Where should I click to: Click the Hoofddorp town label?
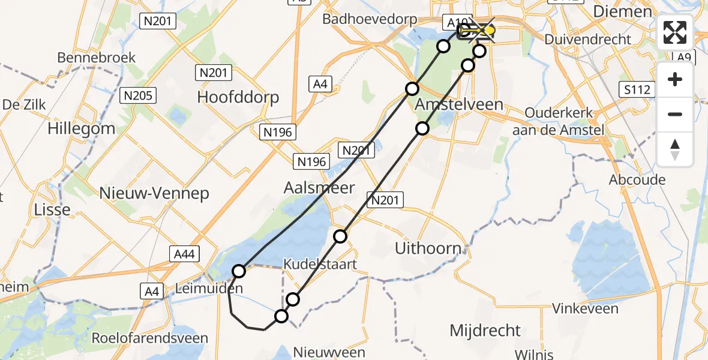tap(238, 97)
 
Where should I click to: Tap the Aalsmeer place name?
tap(319, 188)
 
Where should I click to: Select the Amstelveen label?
tap(459, 104)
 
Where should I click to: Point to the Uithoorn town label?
tap(428, 248)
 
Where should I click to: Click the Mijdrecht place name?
tap(485, 330)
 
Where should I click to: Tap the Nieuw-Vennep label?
tap(155, 193)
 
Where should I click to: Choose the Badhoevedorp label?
tap(370, 19)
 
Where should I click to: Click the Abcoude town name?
tap(637, 180)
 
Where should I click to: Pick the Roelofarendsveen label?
tap(149, 338)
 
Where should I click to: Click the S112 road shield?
tap(637, 90)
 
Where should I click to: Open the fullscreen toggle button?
tap(675, 33)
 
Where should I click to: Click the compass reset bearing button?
tap(675, 149)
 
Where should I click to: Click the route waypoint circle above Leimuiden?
tap(239, 271)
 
